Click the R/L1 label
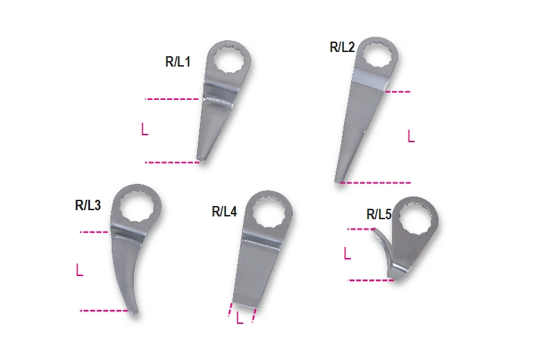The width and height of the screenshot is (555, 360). pyautogui.click(x=178, y=62)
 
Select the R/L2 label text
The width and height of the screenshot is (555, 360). pyautogui.click(x=342, y=48)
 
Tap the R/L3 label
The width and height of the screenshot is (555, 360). pyautogui.click(x=88, y=205)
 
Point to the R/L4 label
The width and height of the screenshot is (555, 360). pyautogui.click(x=224, y=212)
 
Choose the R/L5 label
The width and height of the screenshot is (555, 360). pyautogui.click(x=379, y=214)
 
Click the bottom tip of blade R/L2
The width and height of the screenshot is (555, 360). pyautogui.click(x=338, y=181)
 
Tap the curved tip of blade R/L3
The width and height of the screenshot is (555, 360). pyautogui.click(x=133, y=314)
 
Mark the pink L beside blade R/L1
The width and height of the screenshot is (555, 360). pyautogui.click(x=144, y=129)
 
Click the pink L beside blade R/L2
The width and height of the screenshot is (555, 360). pyautogui.click(x=411, y=136)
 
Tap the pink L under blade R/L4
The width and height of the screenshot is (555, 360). pyautogui.click(x=239, y=319)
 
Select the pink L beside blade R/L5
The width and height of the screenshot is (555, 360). pyautogui.click(x=347, y=255)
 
